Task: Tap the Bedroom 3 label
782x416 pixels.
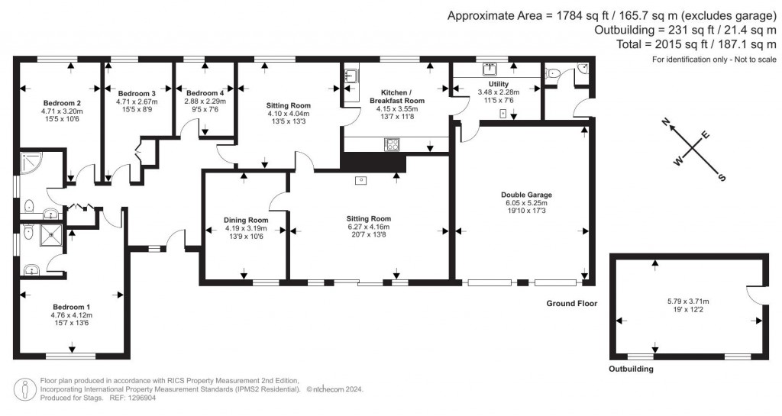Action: coord(137,93)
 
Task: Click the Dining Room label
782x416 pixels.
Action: coord(244,220)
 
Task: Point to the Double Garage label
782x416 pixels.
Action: coord(527,195)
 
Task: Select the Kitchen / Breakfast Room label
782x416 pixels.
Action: coord(397,96)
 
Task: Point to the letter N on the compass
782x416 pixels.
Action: coord(666,123)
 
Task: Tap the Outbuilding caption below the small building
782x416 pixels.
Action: coord(631,369)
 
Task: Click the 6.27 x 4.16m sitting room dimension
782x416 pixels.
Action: coord(368,227)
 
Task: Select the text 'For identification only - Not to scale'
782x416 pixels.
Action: coord(714,60)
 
